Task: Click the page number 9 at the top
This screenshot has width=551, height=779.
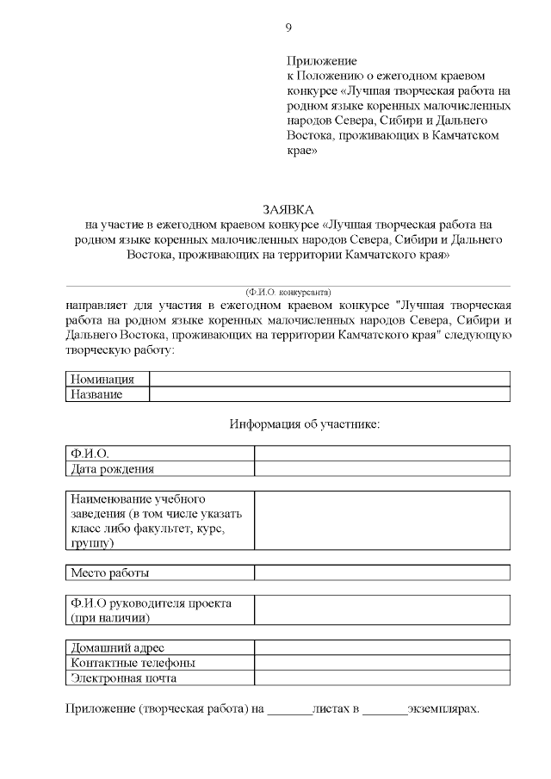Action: pyautogui.click(x=288, y=28)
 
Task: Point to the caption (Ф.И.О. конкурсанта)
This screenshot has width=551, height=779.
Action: pyautogui.click(x=288, y=293)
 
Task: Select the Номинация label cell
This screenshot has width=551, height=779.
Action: pyautogui.click(x=107, y=380)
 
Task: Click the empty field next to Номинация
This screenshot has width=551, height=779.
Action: pyautogui.click(x=329, y=380)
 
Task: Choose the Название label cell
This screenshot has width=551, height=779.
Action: pyautogui.click(x=107, y=394)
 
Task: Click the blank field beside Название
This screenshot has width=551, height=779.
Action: pyautogui.click(x=329, y=394)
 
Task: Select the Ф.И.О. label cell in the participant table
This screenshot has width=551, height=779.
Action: pyautogui.click(x=159, y=454)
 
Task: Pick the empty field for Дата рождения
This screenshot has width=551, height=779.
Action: pyautogui.click(x=381, y=469)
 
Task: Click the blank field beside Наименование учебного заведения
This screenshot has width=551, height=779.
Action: pyautogui.click(x=381, y=521)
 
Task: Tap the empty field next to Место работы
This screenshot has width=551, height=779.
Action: pyautogui.click(x=381, y=572)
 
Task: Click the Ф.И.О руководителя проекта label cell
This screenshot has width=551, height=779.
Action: pyautogui.click(x=159, y=610)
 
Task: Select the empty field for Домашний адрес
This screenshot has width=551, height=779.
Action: pyautogui.click(x=381, y=648)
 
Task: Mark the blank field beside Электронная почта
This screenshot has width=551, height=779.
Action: pyautogui.click(x=381, y=678)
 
